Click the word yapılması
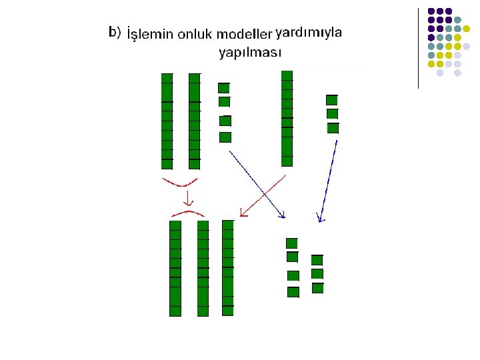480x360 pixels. tap(250, 52)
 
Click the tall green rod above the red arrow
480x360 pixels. tap(287, 118)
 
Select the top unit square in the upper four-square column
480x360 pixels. tap(224, 87)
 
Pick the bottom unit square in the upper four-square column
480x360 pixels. tap(225, 137)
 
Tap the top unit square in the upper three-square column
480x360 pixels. tap(332, 100)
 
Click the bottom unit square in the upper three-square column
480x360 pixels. tap(333, 128)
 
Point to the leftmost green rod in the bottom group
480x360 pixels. tap(175, 268)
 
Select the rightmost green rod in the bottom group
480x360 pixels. tap(228, 267)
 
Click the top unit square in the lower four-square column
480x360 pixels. tap(291, 243)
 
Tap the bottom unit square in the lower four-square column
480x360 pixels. tap(293, 291)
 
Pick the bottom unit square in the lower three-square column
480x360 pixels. tap(317, 288)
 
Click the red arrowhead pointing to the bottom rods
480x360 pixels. tap(243, 213)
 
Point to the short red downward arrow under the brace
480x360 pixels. tap(189, 197)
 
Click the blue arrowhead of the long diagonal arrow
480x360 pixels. tap(282, 215)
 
